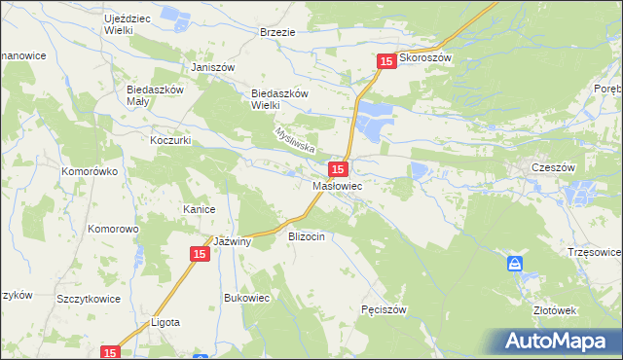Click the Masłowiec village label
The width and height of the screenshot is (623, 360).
tap(338, 185)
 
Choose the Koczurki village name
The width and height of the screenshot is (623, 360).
tap(169, 140)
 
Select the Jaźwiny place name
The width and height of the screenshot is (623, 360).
tap(233, 242)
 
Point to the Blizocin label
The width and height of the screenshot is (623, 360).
tap(311, 236)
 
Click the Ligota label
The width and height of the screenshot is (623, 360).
tap(165, 322)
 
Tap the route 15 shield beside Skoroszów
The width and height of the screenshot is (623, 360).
tap(386, 61)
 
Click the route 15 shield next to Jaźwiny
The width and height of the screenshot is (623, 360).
tap(199, 254)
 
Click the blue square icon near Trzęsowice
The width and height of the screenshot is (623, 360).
tap(515, 264)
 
